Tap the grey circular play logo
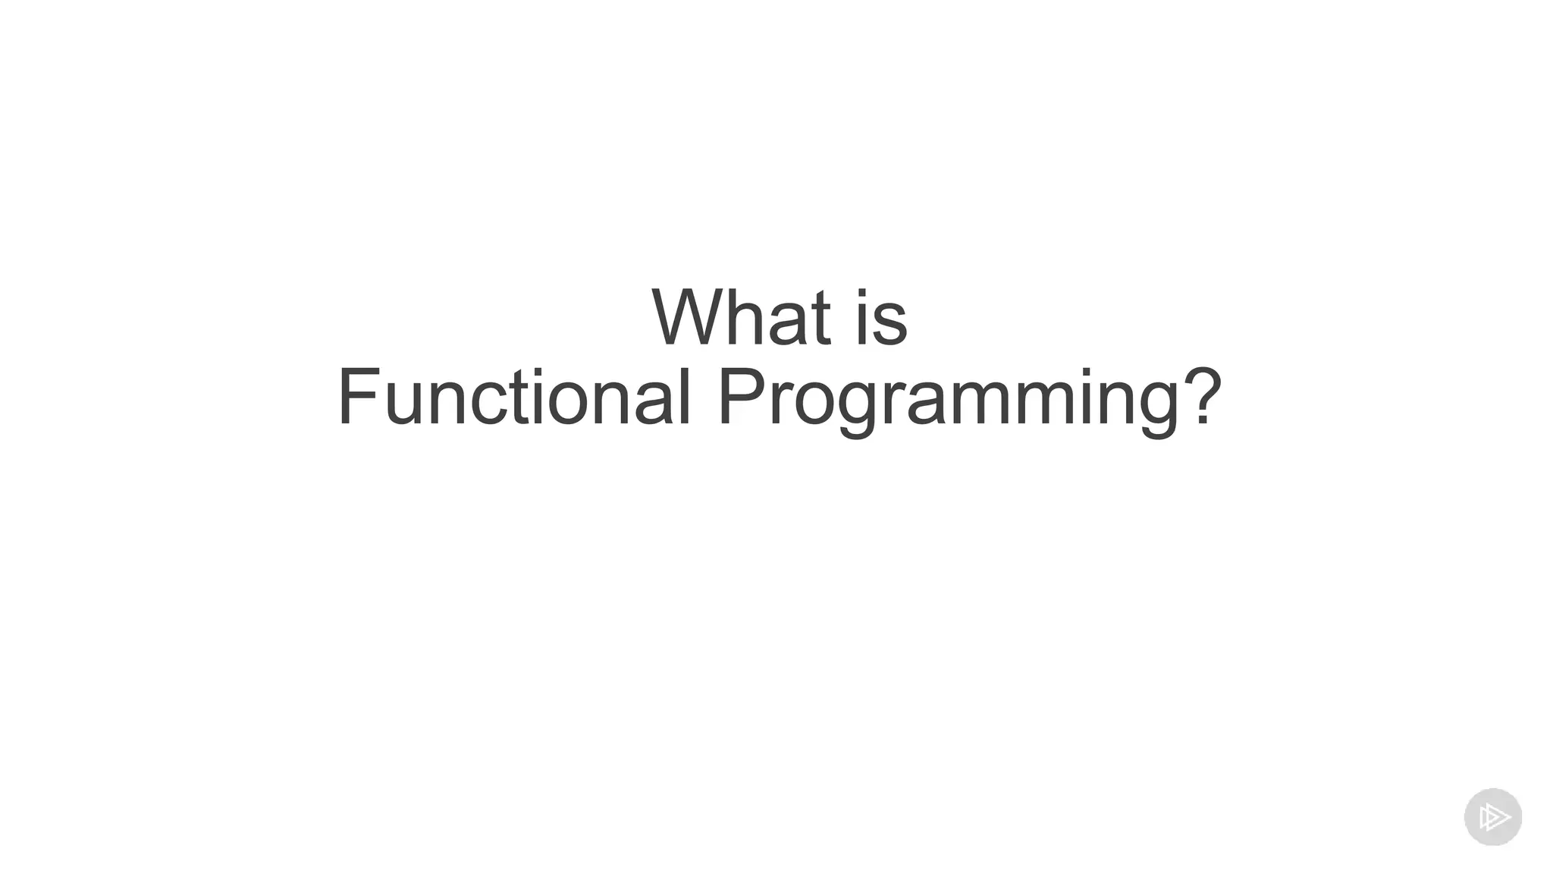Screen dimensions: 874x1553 [1492, 817]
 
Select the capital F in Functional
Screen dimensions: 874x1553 [358, 398]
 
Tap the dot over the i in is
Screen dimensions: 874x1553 [864, 294]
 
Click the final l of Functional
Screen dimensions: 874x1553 [684, 398]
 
